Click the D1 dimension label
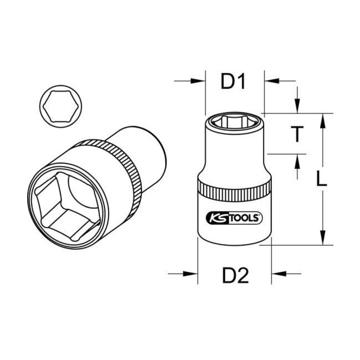(233, 83)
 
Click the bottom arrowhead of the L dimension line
(321, 239)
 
